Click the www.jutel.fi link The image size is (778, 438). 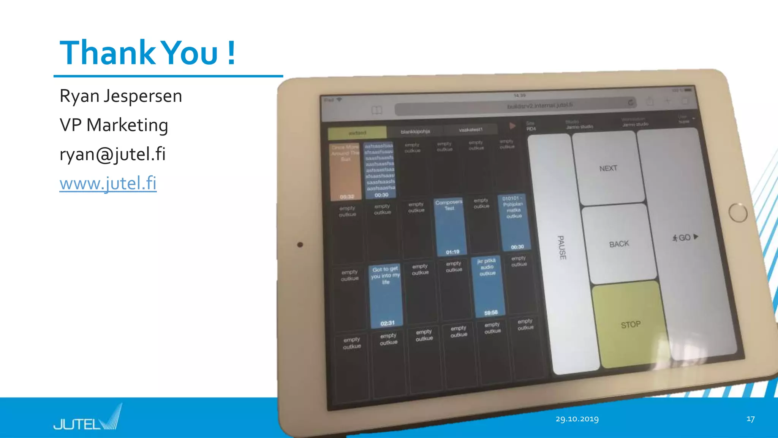click(108, 183)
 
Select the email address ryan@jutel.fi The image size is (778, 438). click(112, 154)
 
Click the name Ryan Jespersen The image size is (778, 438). click(121, 96)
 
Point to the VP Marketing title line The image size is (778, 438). click(114, 125)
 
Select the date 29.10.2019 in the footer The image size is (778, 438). click(577, 419)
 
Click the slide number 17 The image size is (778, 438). click(750, 419)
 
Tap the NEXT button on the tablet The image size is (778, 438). click(608, 168)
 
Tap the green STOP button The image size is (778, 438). click(631, 324)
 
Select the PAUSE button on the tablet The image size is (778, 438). click(561, 247)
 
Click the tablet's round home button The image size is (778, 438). click(738, 213)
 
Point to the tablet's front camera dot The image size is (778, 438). click(300, 244)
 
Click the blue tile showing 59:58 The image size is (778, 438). click(489, 287)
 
